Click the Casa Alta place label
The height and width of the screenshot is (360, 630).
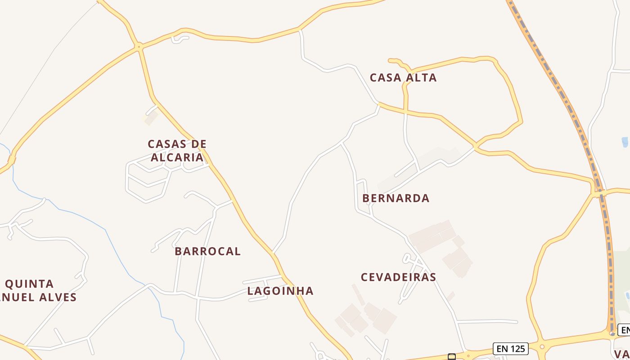click(403, 77)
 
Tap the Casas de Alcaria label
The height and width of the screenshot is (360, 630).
click(177, 151)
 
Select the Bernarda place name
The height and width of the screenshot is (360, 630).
click(396, 198)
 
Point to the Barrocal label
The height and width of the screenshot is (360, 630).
click(207, 251)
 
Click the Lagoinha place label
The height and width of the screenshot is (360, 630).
click(280, 291)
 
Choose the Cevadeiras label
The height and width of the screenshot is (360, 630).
click(399, 277)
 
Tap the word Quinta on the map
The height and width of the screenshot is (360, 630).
click(30, 284)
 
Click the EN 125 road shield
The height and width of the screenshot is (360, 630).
click(510, 348)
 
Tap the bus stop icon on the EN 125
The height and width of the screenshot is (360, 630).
click(451, 357)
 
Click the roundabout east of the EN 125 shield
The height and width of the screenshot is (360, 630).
click(542, 347)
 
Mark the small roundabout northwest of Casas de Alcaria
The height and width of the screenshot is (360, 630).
click(139, 46)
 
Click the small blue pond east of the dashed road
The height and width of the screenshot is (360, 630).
click(625, 142)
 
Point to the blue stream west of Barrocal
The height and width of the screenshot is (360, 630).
click(112, 243)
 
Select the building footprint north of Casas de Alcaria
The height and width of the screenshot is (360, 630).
click(151, 117)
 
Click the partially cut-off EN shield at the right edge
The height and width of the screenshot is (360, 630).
click(624, 330)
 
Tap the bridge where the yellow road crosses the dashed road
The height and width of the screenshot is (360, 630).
click(598, 194)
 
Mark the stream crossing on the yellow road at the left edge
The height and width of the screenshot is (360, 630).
click(12, 159)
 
